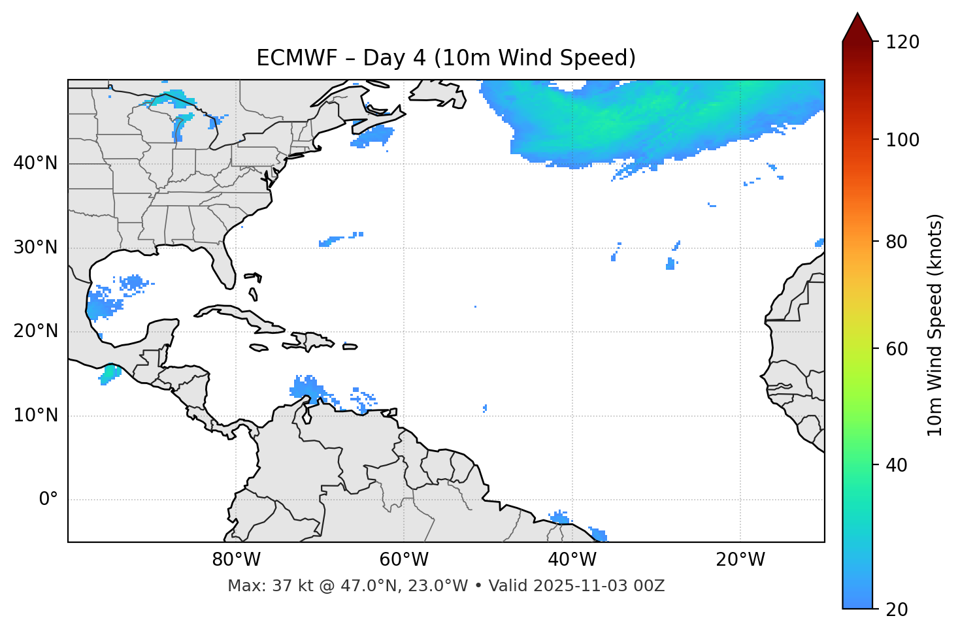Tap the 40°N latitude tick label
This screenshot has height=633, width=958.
35,163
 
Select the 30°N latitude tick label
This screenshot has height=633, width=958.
35,248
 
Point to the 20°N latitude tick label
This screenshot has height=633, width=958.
35,331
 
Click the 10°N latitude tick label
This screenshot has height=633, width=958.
35,415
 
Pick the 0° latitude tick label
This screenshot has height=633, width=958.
48,500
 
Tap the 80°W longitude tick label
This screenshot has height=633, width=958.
236,560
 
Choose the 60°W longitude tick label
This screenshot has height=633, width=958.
404,560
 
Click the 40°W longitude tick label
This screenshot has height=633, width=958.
572,560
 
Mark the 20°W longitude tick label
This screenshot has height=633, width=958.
740,560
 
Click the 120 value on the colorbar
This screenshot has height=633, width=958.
902,42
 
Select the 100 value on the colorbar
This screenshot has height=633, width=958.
902,140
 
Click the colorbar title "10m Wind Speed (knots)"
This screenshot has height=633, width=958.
935,325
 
